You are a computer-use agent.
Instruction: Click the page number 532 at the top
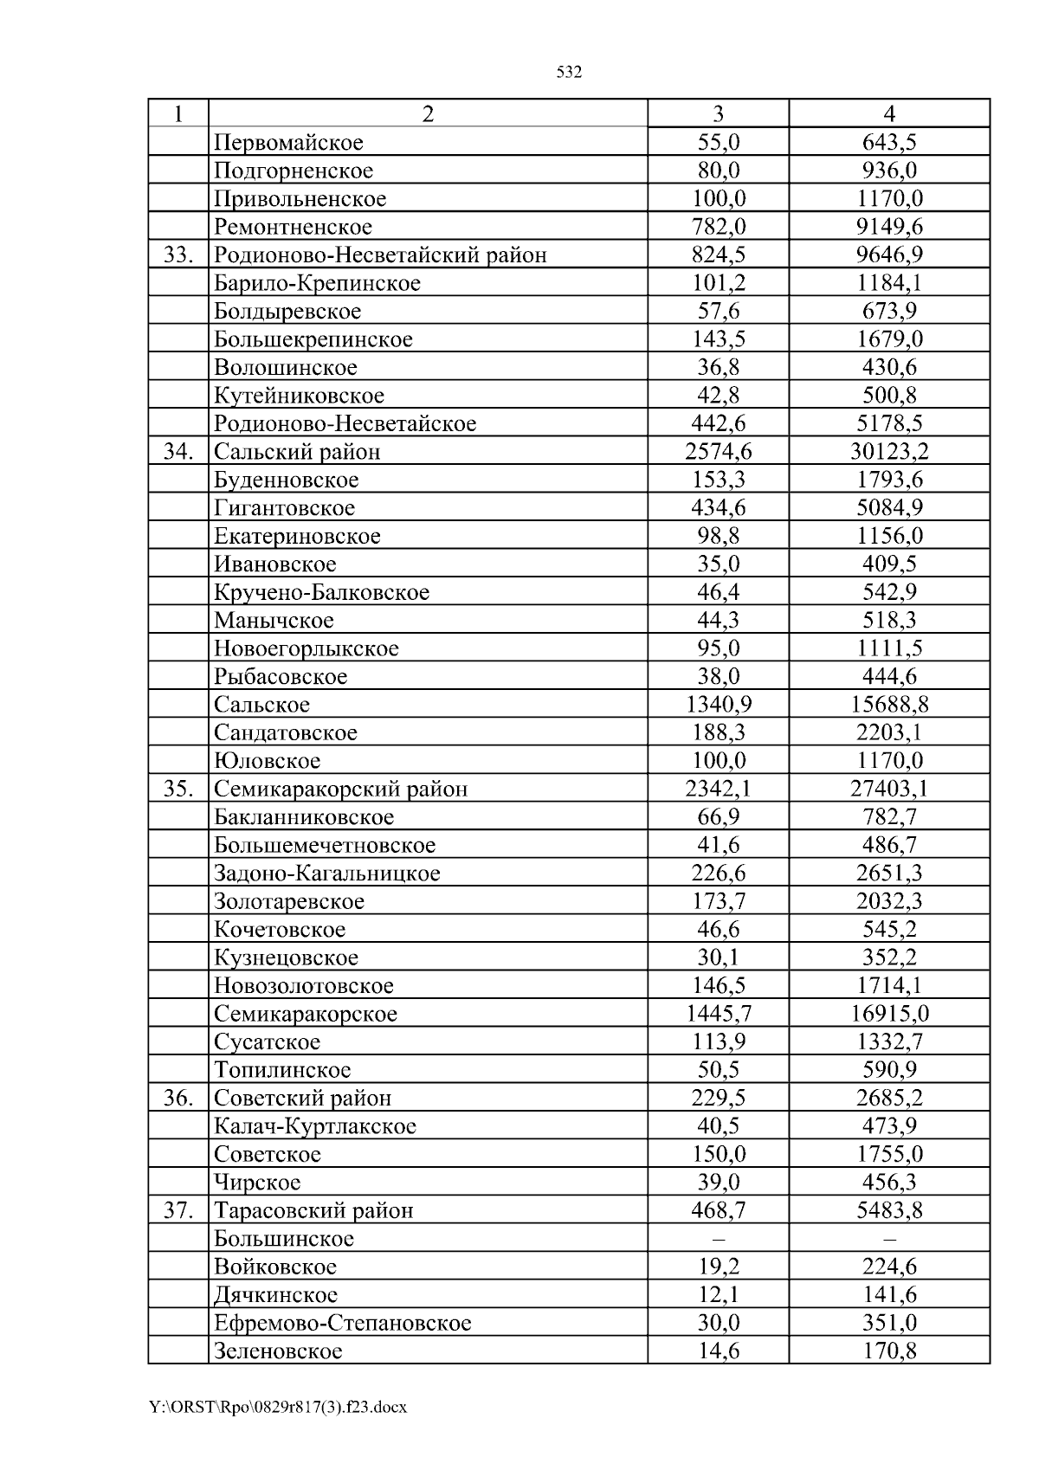pos(568,73)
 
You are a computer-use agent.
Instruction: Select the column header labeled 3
pos(718,114)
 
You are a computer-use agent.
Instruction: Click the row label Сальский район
pos(297,452)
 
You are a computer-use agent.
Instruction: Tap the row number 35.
pos(177,790)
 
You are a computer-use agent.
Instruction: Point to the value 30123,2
pos(889,452)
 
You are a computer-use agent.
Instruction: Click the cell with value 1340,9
pos(718,705)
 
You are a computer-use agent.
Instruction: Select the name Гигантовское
pos(284,508)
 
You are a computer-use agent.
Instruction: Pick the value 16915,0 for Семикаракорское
pos(889,1014)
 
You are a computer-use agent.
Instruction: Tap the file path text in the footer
pos(278,1408)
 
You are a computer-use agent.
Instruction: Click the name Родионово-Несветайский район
pos(380,255)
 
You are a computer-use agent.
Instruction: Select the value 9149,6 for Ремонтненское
pos(889,227)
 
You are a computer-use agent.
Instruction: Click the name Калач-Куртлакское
pos(315,1126)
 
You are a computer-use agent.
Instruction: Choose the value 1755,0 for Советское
pos(889,1155)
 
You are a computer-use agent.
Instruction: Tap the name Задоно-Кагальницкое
pos(326,874)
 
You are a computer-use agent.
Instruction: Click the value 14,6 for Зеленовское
pos(718,1351)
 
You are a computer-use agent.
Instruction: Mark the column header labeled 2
pos(428,114)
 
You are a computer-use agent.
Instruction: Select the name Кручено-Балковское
pos(321,593)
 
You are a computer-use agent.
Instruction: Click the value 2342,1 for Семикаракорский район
pos(718,790)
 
